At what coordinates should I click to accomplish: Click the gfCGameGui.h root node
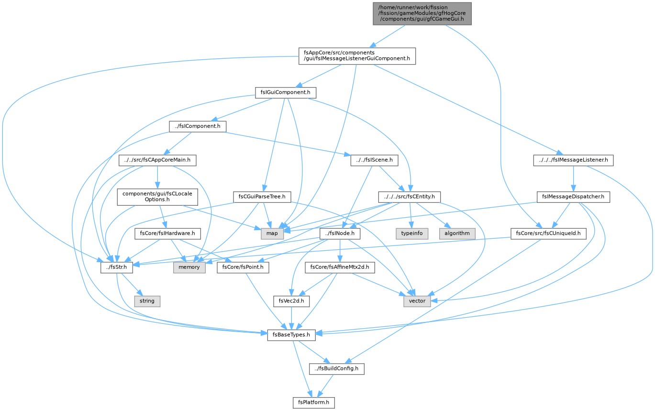coord(422,14)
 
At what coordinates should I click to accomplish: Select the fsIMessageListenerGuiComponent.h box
coord(357,56)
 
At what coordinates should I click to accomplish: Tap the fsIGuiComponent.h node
coord(285,93)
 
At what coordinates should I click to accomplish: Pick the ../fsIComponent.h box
coord(198,126)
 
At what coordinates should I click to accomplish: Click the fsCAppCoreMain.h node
coord(157,160)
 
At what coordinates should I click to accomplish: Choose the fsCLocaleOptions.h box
coord(157,197)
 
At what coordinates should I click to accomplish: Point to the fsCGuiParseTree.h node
coord(262,197)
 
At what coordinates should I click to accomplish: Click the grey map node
coord(272,233)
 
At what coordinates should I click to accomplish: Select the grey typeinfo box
coord(412,233)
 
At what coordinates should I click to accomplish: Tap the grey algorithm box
coord(457,233)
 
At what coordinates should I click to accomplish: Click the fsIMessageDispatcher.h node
coord(573,197)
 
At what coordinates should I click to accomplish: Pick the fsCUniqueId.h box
coord(548,233)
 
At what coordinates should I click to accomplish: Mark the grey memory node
coord(189,267)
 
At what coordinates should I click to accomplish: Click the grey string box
coord(147,301)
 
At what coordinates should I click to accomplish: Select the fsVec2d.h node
coord(291,301)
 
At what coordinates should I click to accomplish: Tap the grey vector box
coord(417,301)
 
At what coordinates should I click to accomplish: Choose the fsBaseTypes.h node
coord(291,335)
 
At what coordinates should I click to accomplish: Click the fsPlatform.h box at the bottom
coord(313,402)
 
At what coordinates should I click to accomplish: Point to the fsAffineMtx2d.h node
coord(340,267)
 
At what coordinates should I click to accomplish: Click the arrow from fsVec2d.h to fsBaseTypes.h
coord(291,318)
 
